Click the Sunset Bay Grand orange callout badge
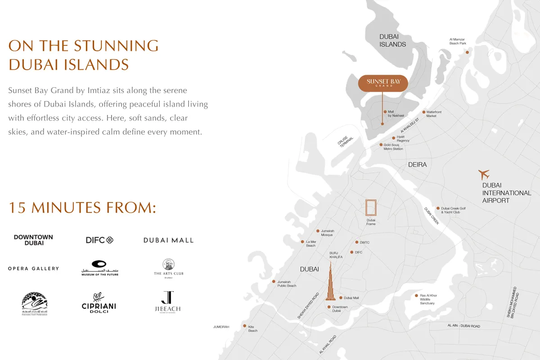(382, 83)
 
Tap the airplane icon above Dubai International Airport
(484, 174)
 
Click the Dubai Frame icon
(371, 208)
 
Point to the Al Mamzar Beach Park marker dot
(467, 52)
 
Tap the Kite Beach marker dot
(244, 326)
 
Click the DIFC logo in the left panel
(99, 240)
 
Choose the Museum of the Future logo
(99, 268)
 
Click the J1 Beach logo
(168, 302)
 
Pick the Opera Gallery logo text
(33, 269)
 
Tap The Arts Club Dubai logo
(168, 269)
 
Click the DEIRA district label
(417, 165)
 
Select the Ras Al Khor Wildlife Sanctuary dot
(416, 296)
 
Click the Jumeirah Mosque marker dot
(318, 231)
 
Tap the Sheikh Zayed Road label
(308, 306)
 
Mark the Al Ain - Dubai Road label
(463, 326)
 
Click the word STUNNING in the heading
(116, 46)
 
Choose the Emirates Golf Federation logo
(34, 304)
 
